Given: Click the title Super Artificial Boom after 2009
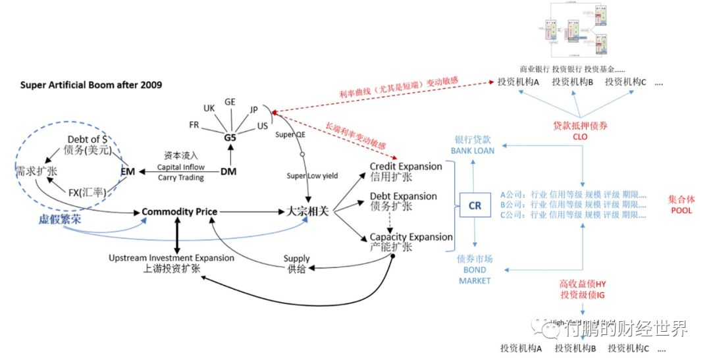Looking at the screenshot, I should coord(91,85).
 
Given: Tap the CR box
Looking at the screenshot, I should coord(475,205).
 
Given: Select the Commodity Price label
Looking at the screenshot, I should coord(179,212).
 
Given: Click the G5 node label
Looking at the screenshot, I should coord(230,138).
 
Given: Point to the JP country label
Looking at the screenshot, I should coord(254,110).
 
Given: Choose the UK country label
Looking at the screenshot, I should coord(209,108).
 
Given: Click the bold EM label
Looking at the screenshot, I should coord(128,171).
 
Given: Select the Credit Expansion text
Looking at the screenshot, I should coord(406,167).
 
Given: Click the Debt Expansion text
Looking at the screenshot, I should coord(403,196).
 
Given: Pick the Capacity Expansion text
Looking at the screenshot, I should coord(411,237).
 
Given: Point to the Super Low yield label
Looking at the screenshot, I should coord(312,176).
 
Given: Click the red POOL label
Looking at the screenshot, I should coord(681,211).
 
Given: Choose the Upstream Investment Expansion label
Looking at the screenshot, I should coord(171,258).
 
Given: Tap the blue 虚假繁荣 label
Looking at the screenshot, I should coord(59,220).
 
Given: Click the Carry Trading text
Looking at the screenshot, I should coord(180,178).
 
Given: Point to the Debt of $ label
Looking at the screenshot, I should coord(88,140).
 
